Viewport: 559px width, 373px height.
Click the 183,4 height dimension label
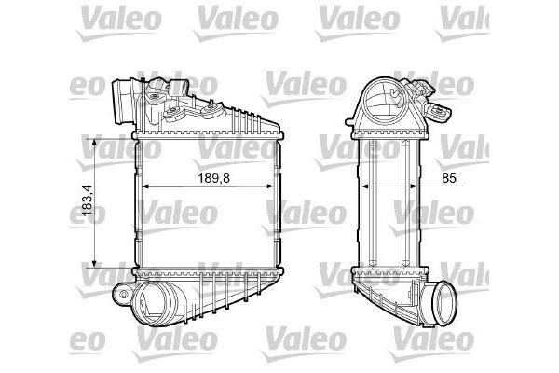coord(87,201)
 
